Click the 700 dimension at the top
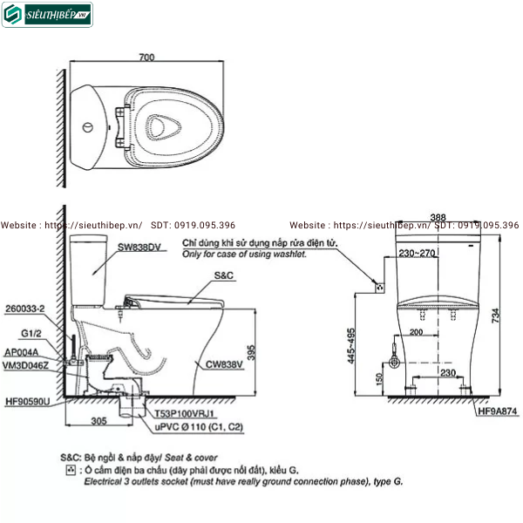[x=146, y=58]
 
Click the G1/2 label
[x=32, y=333]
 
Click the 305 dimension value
[x=98, y=419]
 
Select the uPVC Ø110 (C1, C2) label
[x=188, y=426]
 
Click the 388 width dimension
[x=438, y=218]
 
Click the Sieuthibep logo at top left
[x=47, y=15]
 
